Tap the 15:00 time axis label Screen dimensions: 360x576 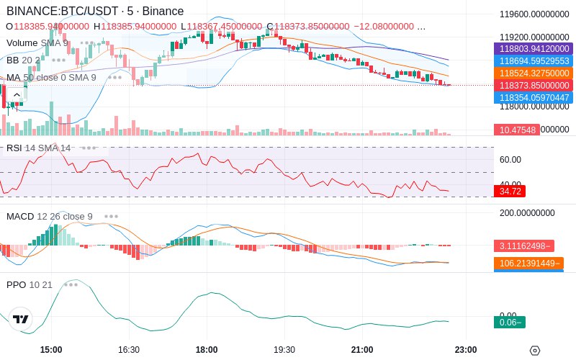tap(51, 350)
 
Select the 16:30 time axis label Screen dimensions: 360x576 tap(128, 350)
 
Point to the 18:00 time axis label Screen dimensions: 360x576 tap(207, 350)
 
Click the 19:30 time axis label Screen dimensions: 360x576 tap(284, 350)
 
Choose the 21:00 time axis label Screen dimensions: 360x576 tap(362, 350)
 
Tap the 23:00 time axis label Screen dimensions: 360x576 tap(466, 350)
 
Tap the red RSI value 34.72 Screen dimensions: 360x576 tap(510, 192)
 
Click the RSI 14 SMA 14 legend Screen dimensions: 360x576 tap(39, 148)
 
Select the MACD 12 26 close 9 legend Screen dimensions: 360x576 tap(49, 216)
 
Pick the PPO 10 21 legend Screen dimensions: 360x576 tap(30, 284)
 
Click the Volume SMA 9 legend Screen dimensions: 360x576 tap(37, 43)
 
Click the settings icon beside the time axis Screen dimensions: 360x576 tap(534, 351)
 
